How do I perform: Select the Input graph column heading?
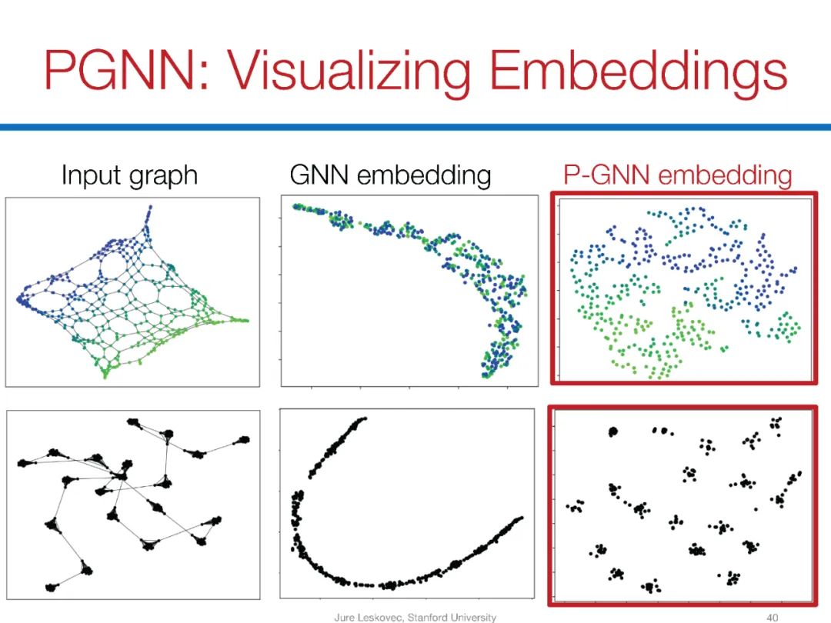pyautogui.click(x=129, y=175)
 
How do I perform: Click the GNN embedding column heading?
pyautogui.click(x=390, y=175)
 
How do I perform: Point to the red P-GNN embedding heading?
pyautogui.click(x=678, y=175)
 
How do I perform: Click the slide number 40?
pyautogui.click(x=773, y=617)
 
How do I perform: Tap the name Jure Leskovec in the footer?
pyautogui.click(x=366, y=617)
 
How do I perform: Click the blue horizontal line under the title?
pyautogui.click(x=415, y=126)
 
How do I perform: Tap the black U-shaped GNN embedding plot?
pyautogui.click(x=407, y=504)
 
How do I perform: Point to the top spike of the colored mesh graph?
pyautogui.click(x=150, y=208)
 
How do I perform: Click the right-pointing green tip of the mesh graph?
pyautogui.click(x=246, y=319)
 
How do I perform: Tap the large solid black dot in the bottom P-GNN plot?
pyautogui.click(x=613, y=432)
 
